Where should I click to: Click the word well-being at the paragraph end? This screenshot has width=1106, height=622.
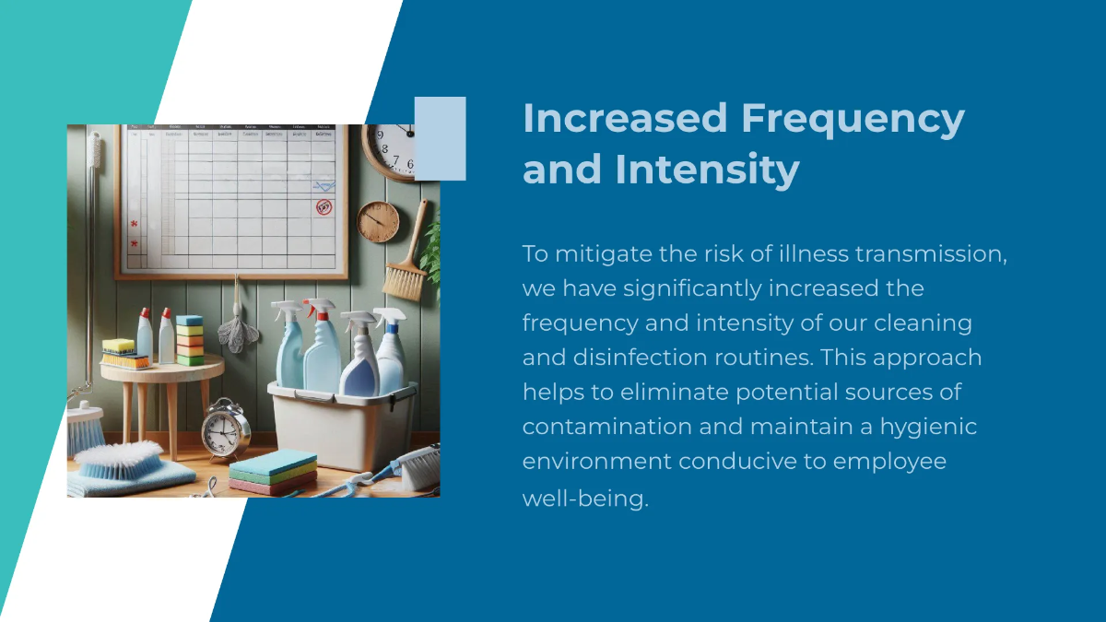point(585,499)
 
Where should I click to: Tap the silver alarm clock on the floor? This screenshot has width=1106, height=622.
point(226,431)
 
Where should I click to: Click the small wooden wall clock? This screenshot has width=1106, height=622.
point(378,221)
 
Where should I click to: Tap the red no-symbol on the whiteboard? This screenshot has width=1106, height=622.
point(324,206)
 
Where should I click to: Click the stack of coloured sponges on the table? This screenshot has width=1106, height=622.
point(190,341)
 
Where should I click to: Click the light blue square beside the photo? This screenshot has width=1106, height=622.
point(440,138)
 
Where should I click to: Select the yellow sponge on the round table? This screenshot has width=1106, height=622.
point(118,346)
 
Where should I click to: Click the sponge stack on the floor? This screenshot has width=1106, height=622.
point(273,472)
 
